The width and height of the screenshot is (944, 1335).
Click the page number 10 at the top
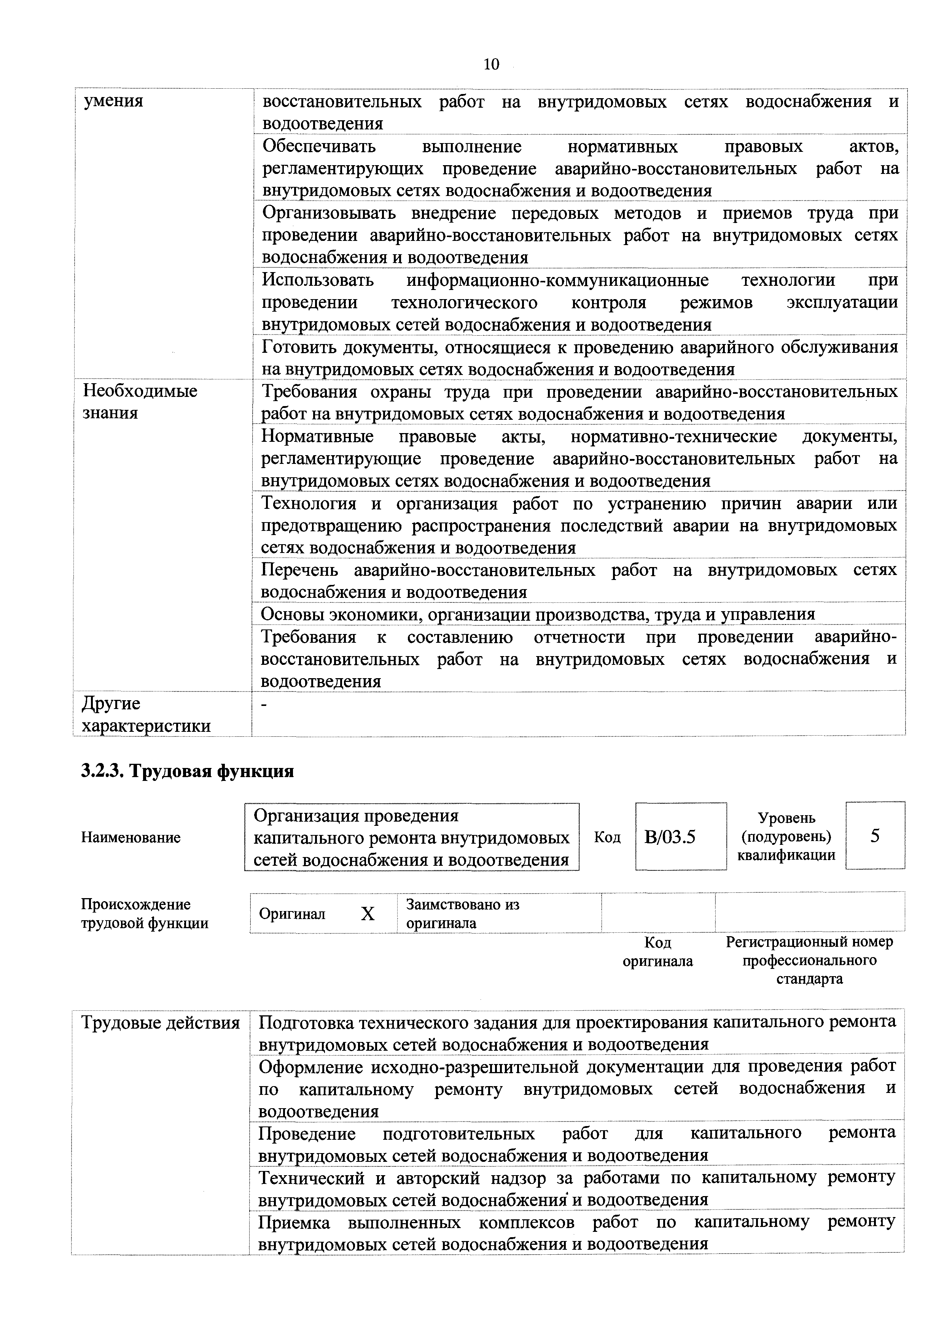point(491,64)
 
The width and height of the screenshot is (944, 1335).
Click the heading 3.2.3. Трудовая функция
point(188,771)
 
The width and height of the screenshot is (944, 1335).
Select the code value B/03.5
point(670,837)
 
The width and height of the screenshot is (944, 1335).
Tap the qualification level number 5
point(875,836)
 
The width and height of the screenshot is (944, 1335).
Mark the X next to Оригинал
point(368,914)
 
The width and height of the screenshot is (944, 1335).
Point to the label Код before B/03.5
point(607,837)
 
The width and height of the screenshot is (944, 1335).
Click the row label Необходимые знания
point(140,402)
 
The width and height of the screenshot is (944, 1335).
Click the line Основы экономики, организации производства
point(538,614)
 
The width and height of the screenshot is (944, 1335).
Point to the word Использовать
point(318,280)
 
